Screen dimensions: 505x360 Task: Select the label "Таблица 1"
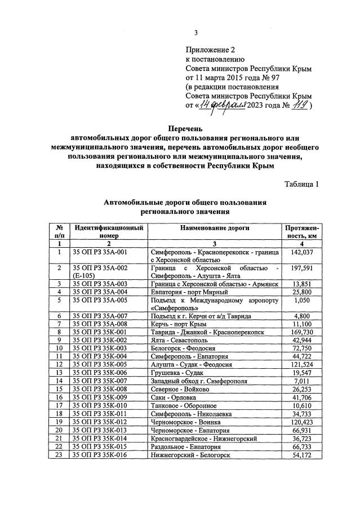(301, 184)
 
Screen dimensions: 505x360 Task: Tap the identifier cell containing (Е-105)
(85, 276)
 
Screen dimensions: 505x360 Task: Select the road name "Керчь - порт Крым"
(179, 324)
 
